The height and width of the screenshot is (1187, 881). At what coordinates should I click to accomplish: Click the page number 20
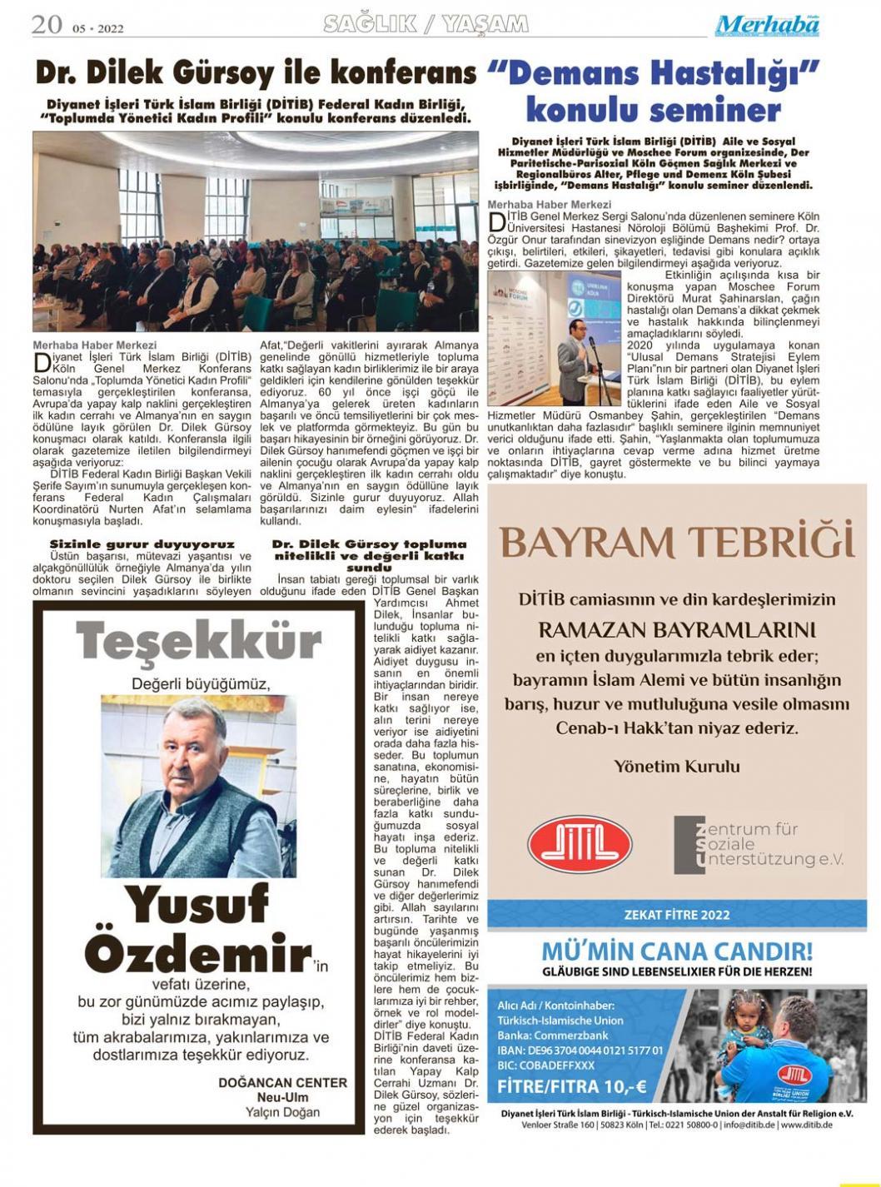pos(47,25)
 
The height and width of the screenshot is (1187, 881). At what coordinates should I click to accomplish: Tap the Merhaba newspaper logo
pos(767,26)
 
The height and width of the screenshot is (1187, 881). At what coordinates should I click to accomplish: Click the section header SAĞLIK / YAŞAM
pos(426,25)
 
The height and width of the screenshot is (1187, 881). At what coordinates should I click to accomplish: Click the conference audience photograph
pos(256,231)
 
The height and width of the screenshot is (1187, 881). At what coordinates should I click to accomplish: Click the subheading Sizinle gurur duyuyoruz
pos(142,544)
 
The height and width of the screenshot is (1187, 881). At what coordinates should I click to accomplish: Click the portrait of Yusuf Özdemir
pos(198,786)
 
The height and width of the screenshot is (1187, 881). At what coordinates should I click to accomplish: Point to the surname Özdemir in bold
pos(198,954)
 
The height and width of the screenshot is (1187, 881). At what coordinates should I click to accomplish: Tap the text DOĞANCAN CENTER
pos(282,1082)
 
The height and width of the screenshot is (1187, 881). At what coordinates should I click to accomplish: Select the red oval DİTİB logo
pos(580,844)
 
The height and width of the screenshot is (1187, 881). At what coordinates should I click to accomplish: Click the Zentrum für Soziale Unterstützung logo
pos(758,844)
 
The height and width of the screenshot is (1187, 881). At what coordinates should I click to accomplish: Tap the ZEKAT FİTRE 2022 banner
pos(676,914)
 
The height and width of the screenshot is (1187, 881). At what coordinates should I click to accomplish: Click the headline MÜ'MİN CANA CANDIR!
pos(676,951)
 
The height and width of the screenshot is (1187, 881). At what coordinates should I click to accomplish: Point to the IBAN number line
pos(580,1050)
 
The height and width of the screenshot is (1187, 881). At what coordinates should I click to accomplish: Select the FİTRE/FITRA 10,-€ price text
pos(571,1086)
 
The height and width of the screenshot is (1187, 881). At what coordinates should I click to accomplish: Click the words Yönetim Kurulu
pos(676,766)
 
